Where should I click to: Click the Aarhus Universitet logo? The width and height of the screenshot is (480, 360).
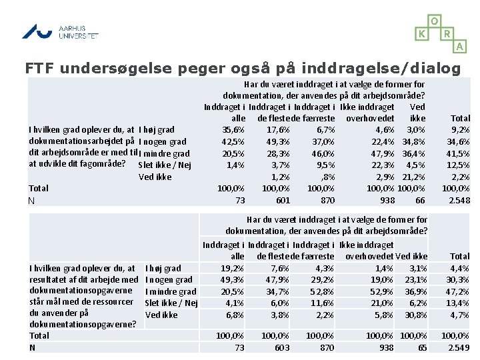pyautogui.click(x=59, y=31)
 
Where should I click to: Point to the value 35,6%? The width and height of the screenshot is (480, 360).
pyautogui.click(x=233, y=129)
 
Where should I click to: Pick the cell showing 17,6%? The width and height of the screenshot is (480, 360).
pyautogui.click(x=277, y=129)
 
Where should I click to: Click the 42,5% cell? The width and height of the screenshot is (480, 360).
pyautogui.click(x=233, y=141)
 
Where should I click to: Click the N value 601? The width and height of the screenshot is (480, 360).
pyautogui.click(x=283, y=201)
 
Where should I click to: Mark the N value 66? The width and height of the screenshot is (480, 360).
pyautogui.click(x=420, y=201)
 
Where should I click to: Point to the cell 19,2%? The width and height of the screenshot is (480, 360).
pyautogui.click(x=232, y=268)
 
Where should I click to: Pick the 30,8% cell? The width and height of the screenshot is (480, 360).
pyautogui.click(x=415, y=315)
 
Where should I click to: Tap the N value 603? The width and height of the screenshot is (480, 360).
pyautogui.click(x=283, y=347)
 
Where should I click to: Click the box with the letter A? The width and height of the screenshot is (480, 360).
pyautogui.click(x=460, y=46)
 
